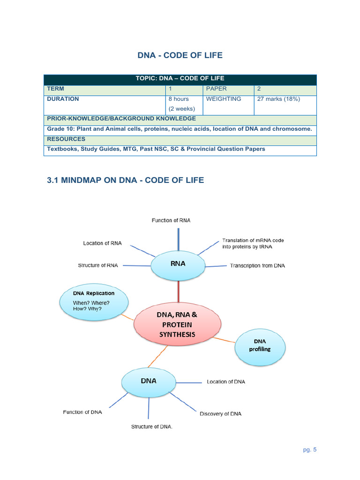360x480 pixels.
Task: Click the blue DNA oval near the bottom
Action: tap(149, 382)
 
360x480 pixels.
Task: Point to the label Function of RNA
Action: tap(171, 220)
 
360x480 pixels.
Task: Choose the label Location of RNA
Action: tap(102, 243)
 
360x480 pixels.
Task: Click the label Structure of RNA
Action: tap(98, 266)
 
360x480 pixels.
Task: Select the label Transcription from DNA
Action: tap(257, 266)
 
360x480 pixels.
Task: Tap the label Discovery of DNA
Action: tap(221, 414)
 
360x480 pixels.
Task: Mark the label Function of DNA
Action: tap(82, 412)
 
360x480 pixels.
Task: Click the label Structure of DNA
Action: tap(152, 427)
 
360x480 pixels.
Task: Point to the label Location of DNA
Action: tap(226, 382)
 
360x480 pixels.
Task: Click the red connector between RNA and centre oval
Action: tap(178, 291)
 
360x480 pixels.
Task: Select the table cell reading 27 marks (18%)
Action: tap(278, 99)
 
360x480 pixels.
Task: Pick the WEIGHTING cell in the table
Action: tap(224, 99)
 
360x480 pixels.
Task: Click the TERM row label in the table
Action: tap(56, 89)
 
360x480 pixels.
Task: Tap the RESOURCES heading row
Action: tap(66, 139)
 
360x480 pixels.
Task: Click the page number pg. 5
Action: tap(310, 450)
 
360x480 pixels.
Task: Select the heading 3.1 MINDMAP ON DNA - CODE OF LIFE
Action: tap(126, 180)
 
